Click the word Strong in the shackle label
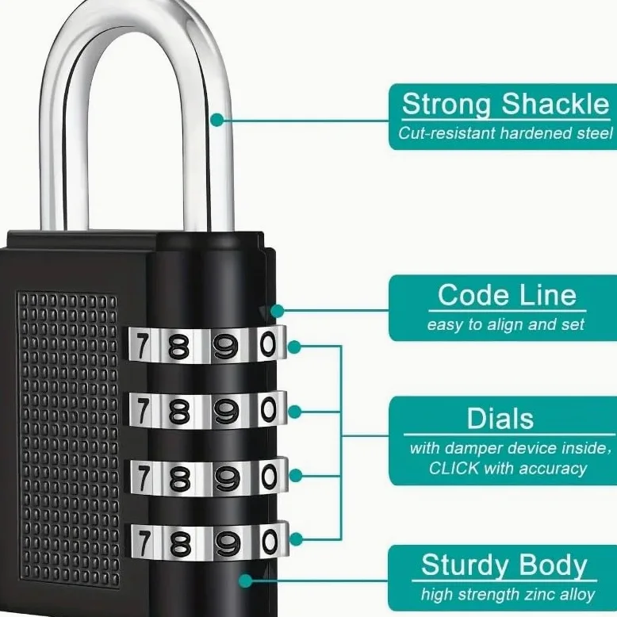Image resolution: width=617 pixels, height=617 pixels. click(446, 105)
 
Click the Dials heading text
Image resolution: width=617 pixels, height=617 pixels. click(500, 418)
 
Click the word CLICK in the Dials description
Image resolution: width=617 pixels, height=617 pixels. click(454, 468)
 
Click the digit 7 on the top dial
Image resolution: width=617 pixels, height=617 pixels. click(143, 345)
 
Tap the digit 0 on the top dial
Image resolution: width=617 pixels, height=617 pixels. click(269, 344)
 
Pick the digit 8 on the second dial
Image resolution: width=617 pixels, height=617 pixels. click(179, 412)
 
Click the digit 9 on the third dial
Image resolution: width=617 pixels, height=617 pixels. click(227, 477)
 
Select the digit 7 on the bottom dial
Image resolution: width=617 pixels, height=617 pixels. click(144, 543)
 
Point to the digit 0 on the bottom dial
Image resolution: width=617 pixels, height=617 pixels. click(270, 542)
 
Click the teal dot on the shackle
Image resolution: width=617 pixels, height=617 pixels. click(217, 120)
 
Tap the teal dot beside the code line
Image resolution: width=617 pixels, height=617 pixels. click(278, 311)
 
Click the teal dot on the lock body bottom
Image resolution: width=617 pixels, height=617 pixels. click(246, 581)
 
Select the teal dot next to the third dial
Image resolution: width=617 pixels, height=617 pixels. click(296, 475)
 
